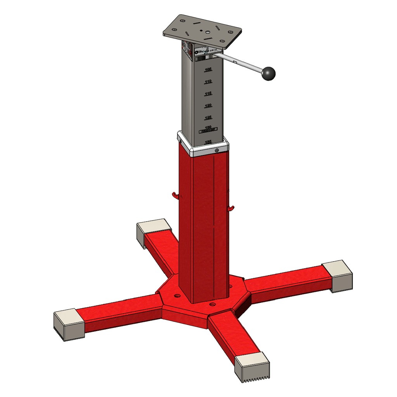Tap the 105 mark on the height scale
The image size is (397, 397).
coord(208,69)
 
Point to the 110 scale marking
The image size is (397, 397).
coord(208,82)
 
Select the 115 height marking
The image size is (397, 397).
coord(208,94)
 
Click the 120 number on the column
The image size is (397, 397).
coord(208,106)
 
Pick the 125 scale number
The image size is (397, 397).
coord(208,117)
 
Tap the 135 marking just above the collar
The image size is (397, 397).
coord(208,142)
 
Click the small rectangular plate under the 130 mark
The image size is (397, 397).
coord(208,132)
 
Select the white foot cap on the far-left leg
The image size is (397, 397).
coord(69,325)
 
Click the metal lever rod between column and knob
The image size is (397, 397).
coord(238,62)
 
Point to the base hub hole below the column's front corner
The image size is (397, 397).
coord(212,305)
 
